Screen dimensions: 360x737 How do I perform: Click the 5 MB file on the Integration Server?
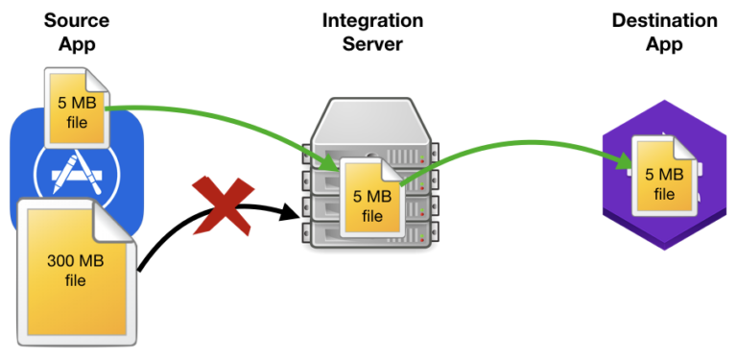(x=369, y=204)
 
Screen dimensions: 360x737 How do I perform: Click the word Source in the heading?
(x=74, y=20)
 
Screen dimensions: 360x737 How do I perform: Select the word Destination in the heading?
(x=664, y=20)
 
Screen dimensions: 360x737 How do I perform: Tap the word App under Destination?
(x=664, y=44)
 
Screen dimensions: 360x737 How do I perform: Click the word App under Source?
(x=74, y=44)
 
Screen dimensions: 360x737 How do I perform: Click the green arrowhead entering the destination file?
(x=626, y=163)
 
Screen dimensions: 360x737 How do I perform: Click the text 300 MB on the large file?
(x=76, y=260)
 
